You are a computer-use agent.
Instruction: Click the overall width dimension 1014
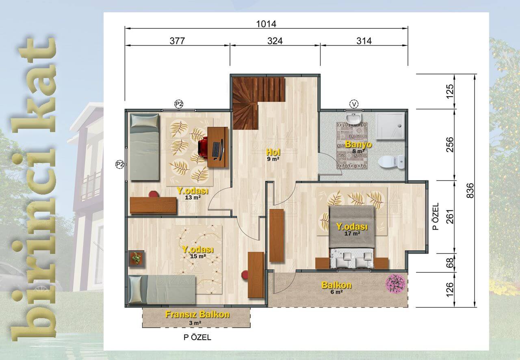266,24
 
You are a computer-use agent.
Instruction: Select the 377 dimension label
178,41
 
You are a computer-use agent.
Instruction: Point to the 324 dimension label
275,41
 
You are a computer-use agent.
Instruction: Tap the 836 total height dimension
470,191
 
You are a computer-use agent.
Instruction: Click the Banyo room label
358,145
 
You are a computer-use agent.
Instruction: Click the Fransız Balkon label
197,314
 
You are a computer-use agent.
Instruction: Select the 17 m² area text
352,233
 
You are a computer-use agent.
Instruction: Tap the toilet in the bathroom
391,161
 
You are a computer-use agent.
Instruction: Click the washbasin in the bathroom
353,119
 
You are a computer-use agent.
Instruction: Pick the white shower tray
390,126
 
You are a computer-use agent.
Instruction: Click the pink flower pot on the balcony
396,284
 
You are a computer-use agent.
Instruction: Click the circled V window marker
354,104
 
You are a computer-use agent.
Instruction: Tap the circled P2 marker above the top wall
179,104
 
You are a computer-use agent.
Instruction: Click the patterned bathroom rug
352,145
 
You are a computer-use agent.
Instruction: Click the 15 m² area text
198,256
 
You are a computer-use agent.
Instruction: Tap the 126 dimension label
450,289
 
